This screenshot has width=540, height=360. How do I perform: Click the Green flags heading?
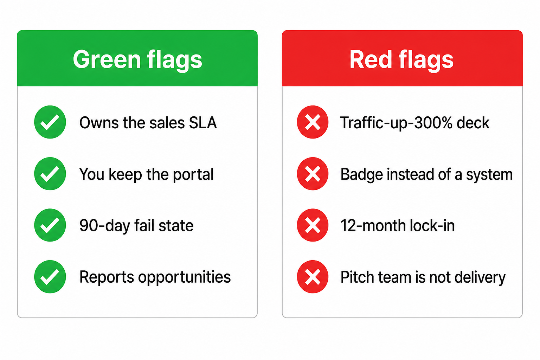click(x=137, y=60)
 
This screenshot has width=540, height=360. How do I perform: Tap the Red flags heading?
click(x=401, y=60)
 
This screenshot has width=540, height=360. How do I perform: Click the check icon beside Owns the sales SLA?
click(x=50, y=122)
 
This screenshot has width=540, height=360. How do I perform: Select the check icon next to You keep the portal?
click(x=50, y=174)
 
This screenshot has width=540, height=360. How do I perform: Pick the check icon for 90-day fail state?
click(x=50, y=225)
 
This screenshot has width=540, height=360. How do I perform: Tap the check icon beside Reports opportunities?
click(x=50, y=277)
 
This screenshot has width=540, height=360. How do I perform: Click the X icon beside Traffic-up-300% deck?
click(x=313, y=122)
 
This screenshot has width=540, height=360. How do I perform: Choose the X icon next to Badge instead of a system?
click(x=313, y=174)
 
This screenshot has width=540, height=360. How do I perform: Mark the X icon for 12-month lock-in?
click(x=313, y=225)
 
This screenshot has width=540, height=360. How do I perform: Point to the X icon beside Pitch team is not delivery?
click(x=313, y=277)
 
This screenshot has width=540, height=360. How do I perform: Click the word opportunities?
click(x=185, y=277)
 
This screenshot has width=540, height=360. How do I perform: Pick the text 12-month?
click(x=373, y=226)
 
